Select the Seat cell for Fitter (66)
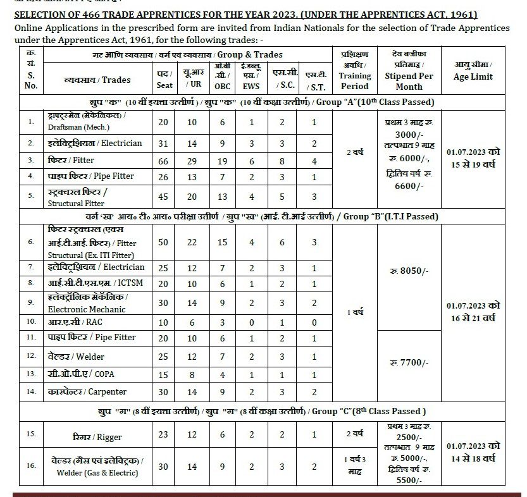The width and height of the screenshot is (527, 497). pos(163,161)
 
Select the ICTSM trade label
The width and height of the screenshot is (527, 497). pos(96,283)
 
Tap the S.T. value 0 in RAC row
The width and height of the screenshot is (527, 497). pos(314,322)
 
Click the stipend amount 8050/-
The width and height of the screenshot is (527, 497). pos(409,271)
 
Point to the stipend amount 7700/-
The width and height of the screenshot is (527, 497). pos(409,362)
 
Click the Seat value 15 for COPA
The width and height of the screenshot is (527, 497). pos(163,374)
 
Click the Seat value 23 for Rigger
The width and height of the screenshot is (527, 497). pos(163,435)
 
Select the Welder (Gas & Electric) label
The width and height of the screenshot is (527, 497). pos(97,467)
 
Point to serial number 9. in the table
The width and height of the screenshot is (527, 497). pos(30,302)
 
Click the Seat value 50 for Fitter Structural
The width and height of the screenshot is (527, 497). pos(163,242)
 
